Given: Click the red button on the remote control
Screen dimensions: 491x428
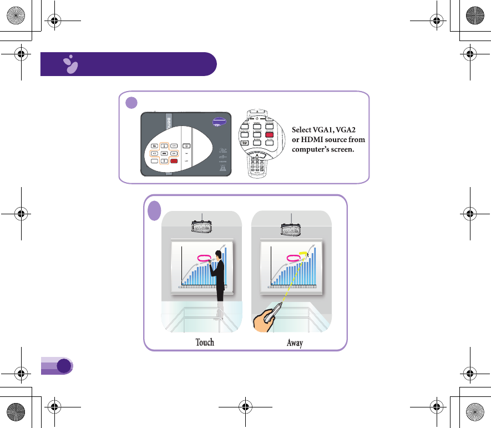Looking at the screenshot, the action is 270,134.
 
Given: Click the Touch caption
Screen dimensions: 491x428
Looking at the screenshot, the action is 205,342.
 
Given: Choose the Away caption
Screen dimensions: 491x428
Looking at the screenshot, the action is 295,343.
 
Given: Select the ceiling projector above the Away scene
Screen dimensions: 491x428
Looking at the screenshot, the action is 292,228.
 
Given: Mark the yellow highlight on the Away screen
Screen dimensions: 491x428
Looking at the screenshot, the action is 303,254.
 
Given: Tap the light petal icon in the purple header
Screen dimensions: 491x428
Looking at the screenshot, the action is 70,65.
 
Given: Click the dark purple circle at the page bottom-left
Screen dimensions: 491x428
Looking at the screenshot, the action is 64,365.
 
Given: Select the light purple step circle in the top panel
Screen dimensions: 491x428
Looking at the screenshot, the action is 131,102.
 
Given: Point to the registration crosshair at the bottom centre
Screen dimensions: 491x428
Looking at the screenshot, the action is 245,406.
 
